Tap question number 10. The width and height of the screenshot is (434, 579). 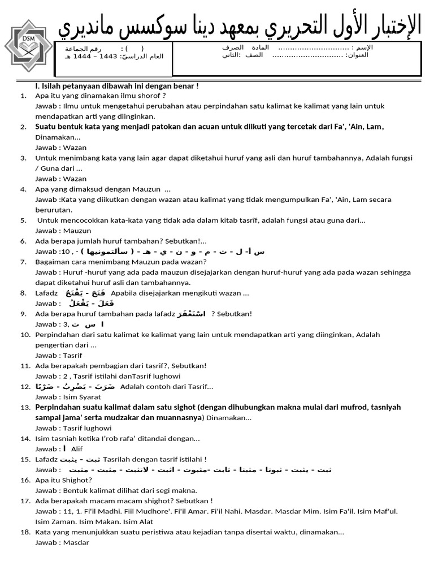tap(24, 335)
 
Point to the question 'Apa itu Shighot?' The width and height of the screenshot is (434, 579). tap(63, 480)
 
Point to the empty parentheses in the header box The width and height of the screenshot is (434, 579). tap(134, 49)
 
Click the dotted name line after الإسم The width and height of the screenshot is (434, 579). tap(317, 47)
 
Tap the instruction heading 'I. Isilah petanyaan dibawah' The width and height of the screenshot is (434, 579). tap(116, 86)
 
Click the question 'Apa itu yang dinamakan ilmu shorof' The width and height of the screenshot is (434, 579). tap(100, 96)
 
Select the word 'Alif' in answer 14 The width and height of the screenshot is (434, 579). tap(77, 449)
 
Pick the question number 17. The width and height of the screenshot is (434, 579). tap(24, 501)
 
